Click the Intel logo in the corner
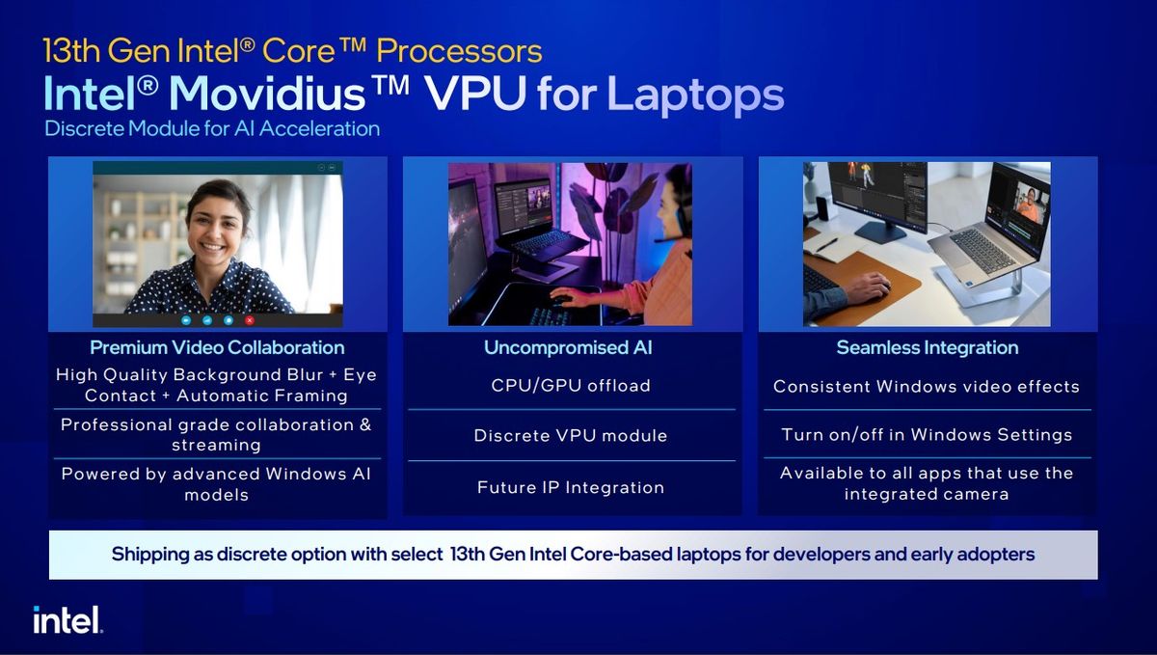(67, 620)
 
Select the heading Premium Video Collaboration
(217, 347)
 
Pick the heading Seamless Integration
(928, 347)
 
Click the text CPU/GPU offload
(571, 386)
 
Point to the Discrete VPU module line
(571, 436)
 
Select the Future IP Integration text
(571, 488)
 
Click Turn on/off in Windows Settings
(927, 435)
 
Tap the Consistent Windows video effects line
(927, 387)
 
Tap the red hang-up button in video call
(250, 319)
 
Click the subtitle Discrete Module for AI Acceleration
(212, 128)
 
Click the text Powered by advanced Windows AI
(216, 474)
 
